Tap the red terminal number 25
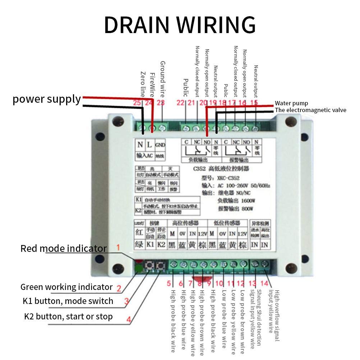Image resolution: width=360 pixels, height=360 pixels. [137, 103]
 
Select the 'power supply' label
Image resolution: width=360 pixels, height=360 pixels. [47, 99]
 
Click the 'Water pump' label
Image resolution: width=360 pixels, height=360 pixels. [291, 103]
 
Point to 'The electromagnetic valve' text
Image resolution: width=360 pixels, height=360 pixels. [310, 110]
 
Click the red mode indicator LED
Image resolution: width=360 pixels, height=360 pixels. [138, 262]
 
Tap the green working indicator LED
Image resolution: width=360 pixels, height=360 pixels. [138, 268]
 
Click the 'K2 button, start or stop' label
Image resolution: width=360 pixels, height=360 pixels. [68, 317]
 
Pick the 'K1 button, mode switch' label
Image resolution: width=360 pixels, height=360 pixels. [68, 301]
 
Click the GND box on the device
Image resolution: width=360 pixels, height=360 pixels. [160, 145]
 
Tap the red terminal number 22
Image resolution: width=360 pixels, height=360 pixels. [180, 103]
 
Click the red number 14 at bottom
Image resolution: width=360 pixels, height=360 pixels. [265, 283]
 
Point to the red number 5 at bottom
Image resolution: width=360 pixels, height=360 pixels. [169, 283]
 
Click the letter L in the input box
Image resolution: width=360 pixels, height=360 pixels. [150, 145]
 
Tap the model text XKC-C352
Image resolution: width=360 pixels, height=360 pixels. [227, 178]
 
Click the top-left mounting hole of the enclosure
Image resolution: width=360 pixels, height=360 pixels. [116, 122]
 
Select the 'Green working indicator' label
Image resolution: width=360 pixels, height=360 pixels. [66, 287]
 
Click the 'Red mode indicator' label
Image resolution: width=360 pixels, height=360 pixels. [63, 248]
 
